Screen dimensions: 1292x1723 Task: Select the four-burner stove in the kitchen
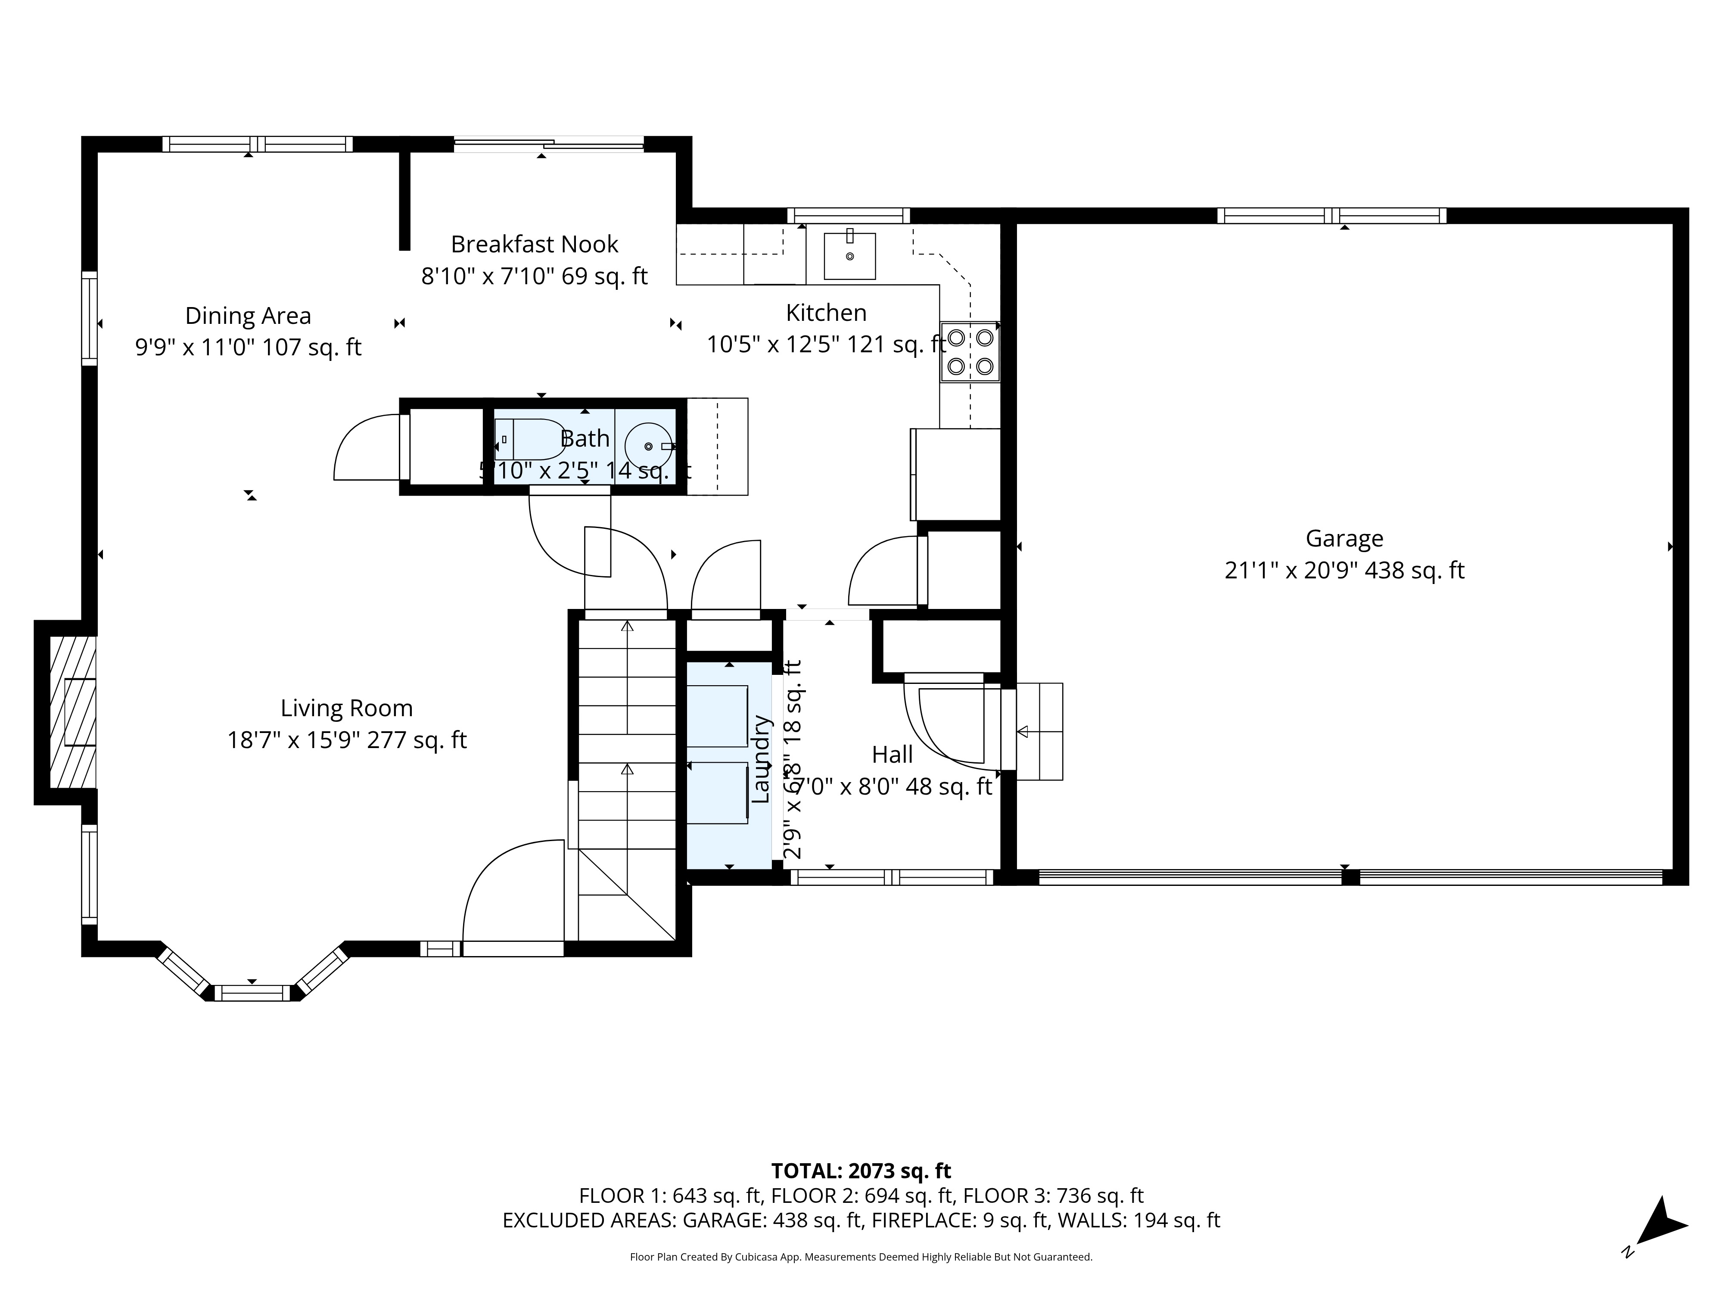tap(970, 352)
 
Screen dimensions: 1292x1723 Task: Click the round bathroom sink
tap(649, 446)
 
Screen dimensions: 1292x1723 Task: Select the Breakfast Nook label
tap(535, 245)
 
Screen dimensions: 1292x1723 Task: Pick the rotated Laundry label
tap(760, 759)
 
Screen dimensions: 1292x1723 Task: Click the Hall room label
tap(892, 755)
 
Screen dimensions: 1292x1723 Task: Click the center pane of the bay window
tap(252, 993)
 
